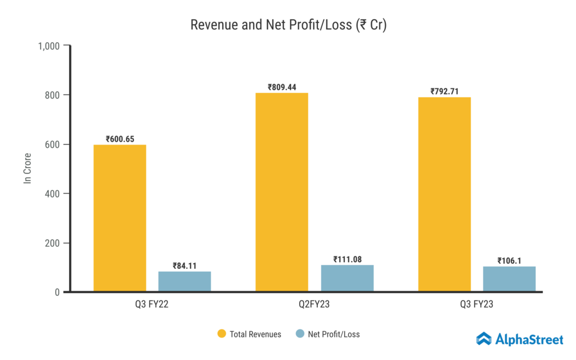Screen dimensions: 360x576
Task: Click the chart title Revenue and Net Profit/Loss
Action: (x=288, y=25)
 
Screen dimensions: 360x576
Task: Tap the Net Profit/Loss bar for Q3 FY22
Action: (x=185, y=281)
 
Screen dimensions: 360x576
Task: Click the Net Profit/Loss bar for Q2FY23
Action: (x=347, y=278)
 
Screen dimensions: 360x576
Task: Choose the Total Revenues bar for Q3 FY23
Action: (x=444, y=195)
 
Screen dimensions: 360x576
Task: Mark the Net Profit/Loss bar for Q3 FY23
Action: (x=510, y=278)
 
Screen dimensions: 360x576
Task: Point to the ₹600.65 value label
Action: (x=120, y=139)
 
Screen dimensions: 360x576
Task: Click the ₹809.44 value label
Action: (x=282, y=87)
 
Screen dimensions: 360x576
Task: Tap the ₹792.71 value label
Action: (x=444, y=91)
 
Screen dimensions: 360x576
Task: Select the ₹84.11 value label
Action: (x=185, y=266)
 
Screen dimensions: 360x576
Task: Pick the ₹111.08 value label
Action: (x=347, y=259)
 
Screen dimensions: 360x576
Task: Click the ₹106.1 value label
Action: (x=510, y=260)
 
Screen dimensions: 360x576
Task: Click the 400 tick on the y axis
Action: (x=53, y=193)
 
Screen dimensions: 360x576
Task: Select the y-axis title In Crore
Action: (x=27, y=168)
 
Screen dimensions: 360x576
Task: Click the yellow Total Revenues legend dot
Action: (x=222, y=334)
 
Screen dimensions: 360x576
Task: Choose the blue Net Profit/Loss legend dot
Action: (x=300, y=334)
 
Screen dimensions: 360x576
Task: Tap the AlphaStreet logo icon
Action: (x=484, y=339)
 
